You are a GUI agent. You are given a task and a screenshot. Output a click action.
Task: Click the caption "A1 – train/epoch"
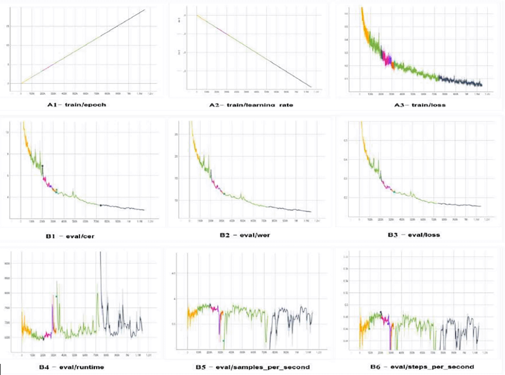coord(76,105)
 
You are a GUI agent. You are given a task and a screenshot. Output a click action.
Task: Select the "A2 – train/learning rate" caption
coord(251,105)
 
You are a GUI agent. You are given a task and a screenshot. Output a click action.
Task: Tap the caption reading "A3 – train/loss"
coord(420,105)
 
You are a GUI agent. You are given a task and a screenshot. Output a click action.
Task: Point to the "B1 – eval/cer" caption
coord(70,236)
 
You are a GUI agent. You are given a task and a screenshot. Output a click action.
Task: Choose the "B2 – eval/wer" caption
coord(245,235)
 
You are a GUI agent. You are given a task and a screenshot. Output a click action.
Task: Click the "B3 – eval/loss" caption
coord(414,235)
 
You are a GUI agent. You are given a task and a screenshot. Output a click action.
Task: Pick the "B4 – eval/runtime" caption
coord(71,367)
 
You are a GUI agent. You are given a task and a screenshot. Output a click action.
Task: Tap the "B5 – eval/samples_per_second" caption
coord(253,367)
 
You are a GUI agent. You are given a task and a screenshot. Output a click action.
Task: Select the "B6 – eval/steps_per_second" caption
coord(422,367)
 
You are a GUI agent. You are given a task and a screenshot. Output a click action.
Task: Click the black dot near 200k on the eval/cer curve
coord(42,166)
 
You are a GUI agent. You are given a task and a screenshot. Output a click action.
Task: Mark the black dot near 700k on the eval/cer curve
coord(101,205)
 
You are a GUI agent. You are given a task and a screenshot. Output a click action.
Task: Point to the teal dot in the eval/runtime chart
coord(56,296)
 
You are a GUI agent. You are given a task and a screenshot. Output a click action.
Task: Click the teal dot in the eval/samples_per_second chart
coord(224,341)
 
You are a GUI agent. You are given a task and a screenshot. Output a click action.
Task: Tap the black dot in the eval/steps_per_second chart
coord(381,312)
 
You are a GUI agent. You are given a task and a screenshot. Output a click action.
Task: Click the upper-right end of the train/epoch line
coord(144,10)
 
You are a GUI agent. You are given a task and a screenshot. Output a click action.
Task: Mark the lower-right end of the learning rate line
coord(311,87)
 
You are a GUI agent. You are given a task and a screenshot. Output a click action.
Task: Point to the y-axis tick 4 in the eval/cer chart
coord(8,197)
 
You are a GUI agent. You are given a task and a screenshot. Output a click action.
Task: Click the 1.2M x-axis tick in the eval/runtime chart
coord(149,355)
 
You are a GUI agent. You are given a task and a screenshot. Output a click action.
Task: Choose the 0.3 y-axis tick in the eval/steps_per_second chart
coord(346,305)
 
